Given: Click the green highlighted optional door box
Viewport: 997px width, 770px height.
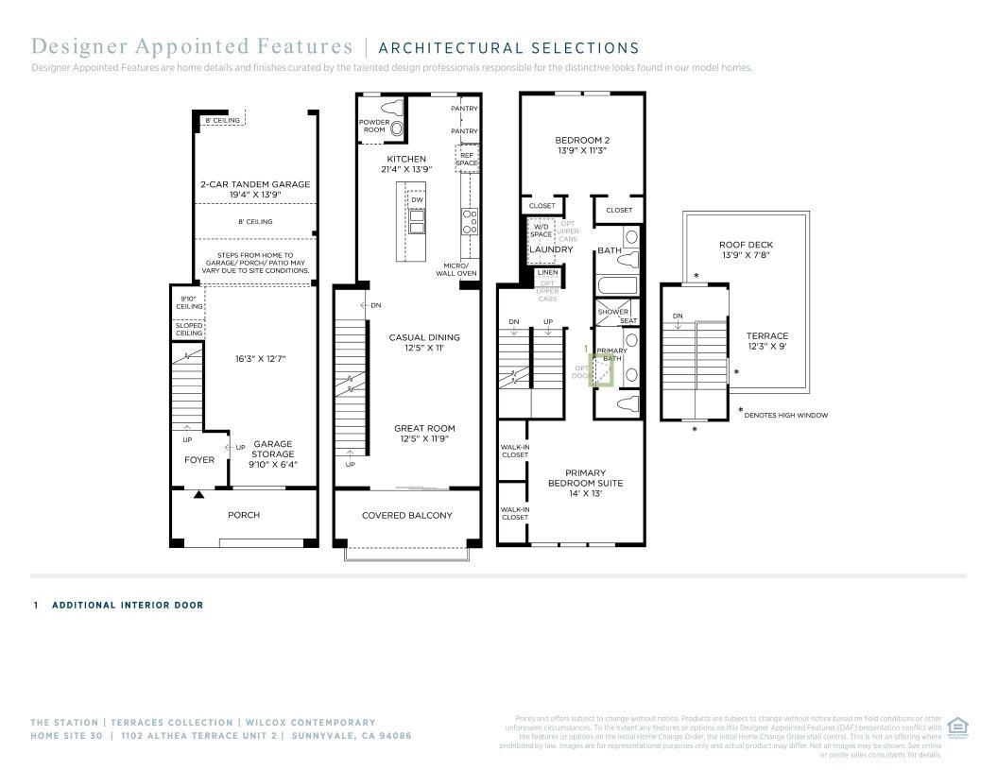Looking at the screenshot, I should pyautogui.click(x=601, y=370).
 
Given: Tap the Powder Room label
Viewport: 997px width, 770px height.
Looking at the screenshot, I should pyautogui.click(x=374, y=127).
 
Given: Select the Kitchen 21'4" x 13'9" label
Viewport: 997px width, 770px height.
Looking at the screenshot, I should pyautogui.click(x=406, y=163).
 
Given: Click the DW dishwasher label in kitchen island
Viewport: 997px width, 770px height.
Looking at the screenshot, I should pyautogui.click(x=417, y=199).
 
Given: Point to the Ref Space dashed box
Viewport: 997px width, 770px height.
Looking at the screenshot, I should pyautogui.click(x=467, y=158).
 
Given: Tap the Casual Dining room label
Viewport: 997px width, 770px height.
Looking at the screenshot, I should pyautogui.click(x=424, y=342).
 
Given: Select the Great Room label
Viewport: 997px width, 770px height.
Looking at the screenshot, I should pyautogui.click(x=424, y=433).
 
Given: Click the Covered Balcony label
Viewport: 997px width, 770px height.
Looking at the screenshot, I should pyautogui.click(x=407, y=515).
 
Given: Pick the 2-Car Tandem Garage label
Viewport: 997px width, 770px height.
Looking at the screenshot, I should pyautogui.click(x=254, y=189).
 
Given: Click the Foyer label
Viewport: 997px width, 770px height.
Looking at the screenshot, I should pyautogui.click(x=199, y=460).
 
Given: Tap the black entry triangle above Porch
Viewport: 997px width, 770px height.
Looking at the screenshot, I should pyautogui.click(x=198, y=494).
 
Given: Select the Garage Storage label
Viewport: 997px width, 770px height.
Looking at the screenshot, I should pyautogui.click(x=272, y=453).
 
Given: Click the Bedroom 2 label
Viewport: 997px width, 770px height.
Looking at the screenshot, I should pyautogui.click(x=581, y=145).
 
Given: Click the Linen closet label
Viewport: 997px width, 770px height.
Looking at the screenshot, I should pyautogui.click(x=547, y=272).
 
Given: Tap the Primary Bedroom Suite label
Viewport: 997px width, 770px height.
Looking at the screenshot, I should pyautogui.click(x=585, y=483).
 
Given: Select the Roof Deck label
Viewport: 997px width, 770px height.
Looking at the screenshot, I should pyautogui.click(x=746, y=249).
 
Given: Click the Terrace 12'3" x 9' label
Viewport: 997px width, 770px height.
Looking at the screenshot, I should pyautogui.click(x=766, y=341).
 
